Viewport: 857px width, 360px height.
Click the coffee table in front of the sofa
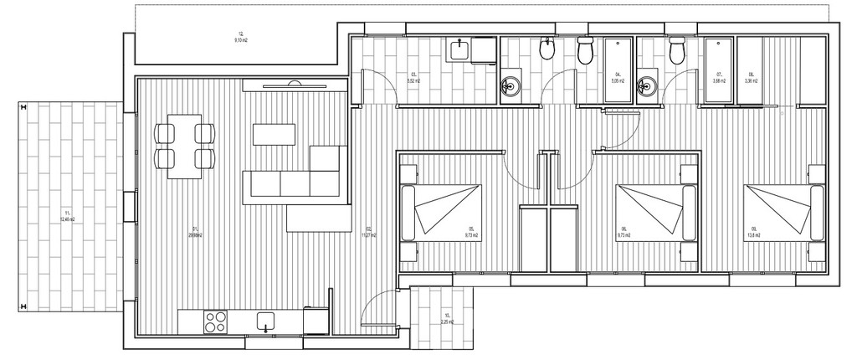point(275,134)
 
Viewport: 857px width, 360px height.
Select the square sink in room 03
point(459,51)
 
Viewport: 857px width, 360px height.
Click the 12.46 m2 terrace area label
point(69,217)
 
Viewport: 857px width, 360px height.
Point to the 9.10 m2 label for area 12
point(240,38)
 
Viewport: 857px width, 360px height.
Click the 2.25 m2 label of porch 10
point(447,319)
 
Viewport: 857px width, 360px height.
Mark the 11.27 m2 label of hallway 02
point(367,234)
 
